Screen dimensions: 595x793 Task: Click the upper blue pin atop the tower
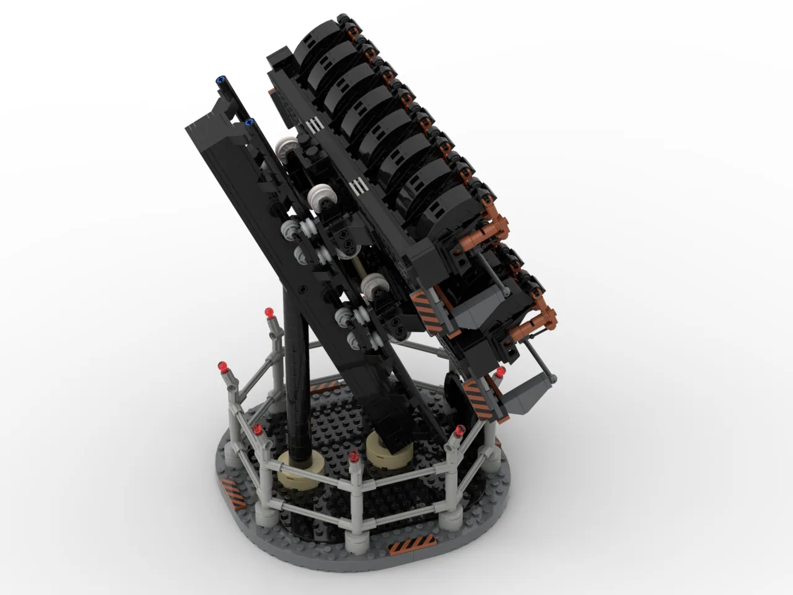pos(220,80)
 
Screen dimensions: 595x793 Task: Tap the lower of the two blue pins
pos(251,121)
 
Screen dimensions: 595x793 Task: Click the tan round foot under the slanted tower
pos(387,449)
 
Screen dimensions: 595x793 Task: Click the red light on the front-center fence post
pos(354,458)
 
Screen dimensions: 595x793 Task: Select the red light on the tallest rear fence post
pos(269,311)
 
